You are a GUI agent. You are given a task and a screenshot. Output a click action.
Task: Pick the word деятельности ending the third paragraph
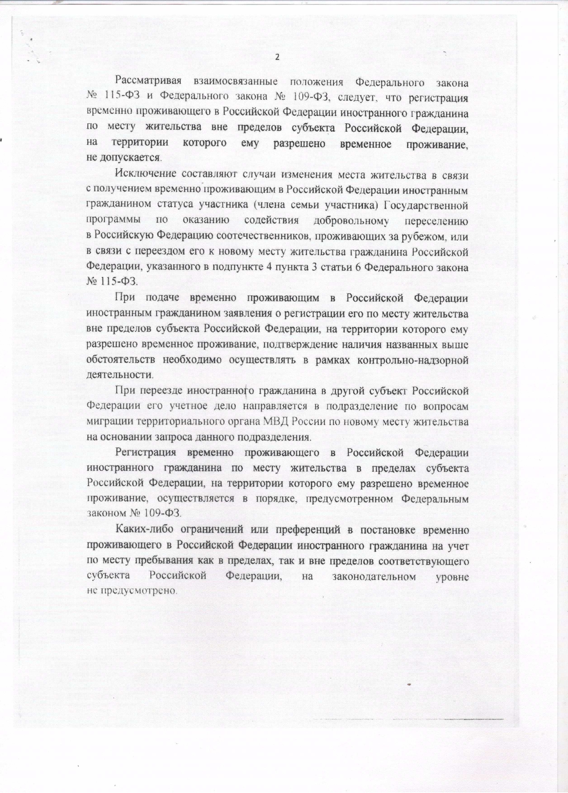pyautogui.click(x=119, y=375)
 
